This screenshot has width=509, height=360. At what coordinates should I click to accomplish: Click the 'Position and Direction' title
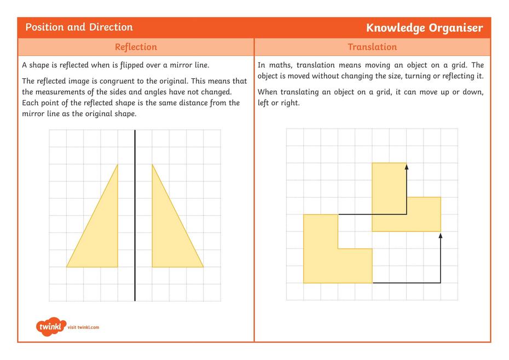(x=79, y=27)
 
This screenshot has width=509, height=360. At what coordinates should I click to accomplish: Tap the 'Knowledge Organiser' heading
(x=424, y=28)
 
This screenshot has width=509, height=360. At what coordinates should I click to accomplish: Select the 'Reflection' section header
(x=136, y=47)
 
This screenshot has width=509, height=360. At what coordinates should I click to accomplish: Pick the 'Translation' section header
(x=372, y=47)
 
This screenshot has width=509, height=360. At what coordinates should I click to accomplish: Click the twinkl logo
(x=51, y=327)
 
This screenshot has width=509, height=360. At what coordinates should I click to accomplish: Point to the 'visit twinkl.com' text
(x=84, y=328)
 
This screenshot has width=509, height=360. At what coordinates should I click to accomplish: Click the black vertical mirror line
(x=135, y=219)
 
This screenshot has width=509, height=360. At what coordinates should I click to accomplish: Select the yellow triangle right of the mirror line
(x=167, y=235)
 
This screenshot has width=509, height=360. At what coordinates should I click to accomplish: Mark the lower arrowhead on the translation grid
(x=440, y=235)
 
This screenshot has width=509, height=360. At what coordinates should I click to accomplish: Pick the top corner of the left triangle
(x=117, y=165)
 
